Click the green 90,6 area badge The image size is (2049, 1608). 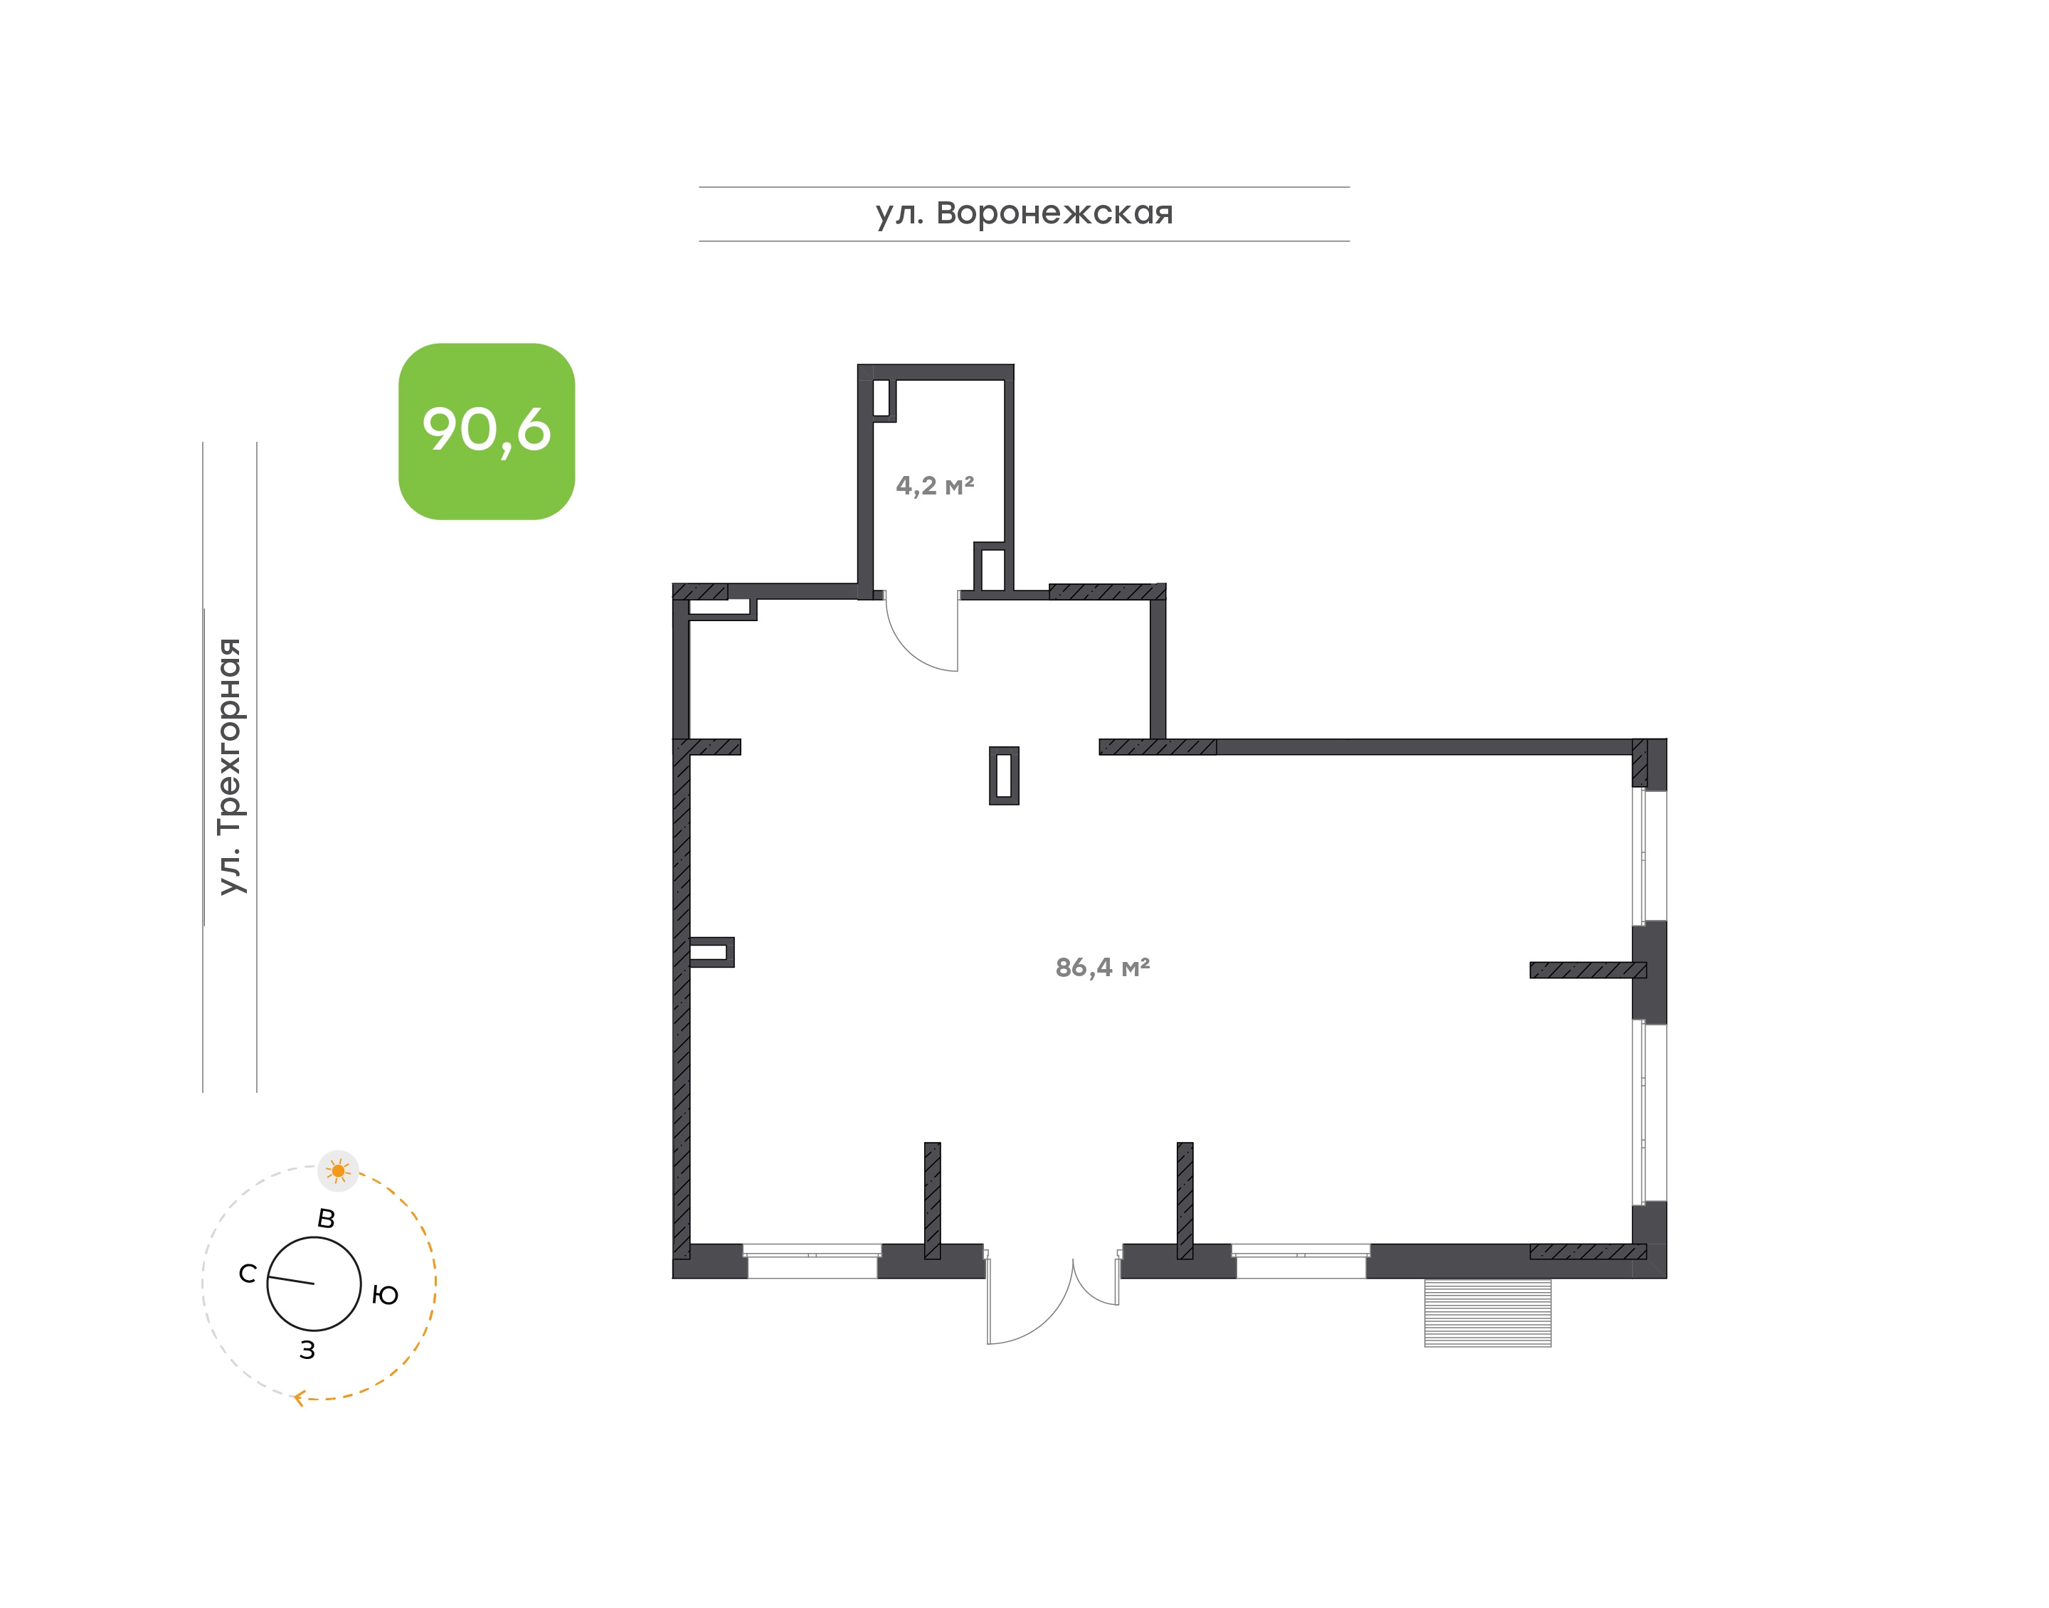[x=487, y=431]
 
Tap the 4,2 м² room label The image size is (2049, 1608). [x=935, y=486]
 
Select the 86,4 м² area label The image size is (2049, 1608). [x=1102, y=967]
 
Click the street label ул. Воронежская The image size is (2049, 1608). [x=1024, y=213]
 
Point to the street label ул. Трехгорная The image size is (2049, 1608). [x=230, y=766]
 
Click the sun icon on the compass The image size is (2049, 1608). [x=339, y=1171]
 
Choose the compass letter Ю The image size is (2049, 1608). [x=385, y=1296]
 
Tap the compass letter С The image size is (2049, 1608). [x=248, y=1274]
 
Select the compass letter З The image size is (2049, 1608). [x=307, y=1350]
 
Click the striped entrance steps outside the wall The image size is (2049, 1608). [x=1487, y=1313]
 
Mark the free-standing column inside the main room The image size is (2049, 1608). [x=1003, y=775]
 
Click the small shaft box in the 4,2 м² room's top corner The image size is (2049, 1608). [x=883, y=399]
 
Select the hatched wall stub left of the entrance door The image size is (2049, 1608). [x=932, y=1200]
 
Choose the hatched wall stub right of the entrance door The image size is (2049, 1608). [x=1185, y=1200]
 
